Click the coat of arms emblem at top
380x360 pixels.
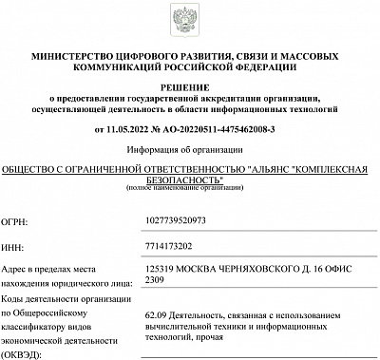point(190,19)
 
